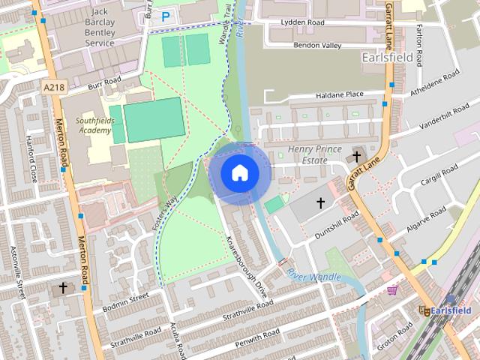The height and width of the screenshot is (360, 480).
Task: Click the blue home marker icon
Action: tap(239, 172)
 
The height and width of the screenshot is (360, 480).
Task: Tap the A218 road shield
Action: tap(53, 88)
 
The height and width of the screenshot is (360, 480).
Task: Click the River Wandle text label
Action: tap(313, 277)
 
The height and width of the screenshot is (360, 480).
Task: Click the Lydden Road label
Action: tap(302, 22)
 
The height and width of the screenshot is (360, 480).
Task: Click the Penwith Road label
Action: tap(256, 333)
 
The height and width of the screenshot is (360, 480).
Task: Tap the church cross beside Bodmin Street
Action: tap(63, 287)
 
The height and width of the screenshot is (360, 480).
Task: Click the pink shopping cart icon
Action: tap(391, 291)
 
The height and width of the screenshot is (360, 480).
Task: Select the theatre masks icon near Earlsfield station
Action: tap(424, 310)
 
